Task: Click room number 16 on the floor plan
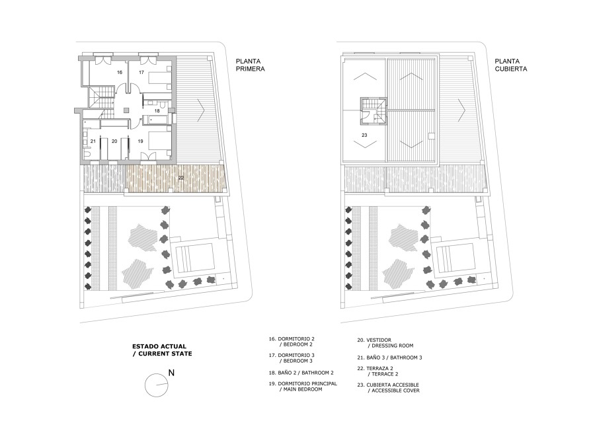[x=120, y=72]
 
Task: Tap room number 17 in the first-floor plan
[x=141, y=72]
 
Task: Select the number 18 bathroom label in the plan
[x=157, y=111]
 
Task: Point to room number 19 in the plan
[x=140, y=141]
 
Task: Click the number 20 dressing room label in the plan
[x=114, y=141]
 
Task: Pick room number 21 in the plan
[x=93, y=141]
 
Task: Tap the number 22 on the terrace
[x=181, y=177]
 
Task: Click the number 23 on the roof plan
[x=364, y=135]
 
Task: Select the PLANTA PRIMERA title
[x=250, y=65]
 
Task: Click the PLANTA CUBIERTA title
[x=511, y=65]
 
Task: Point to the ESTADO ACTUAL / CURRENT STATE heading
[x=162, y=350]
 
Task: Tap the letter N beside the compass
[x=171, y=373]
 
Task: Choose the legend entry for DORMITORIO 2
[x=292, y=341]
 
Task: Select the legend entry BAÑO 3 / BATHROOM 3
[x=389, y=358]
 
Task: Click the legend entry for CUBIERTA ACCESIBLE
[x=389, y=387]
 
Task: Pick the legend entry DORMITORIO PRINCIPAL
[x=303, y=386]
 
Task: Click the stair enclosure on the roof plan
[x=374, y=111]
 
